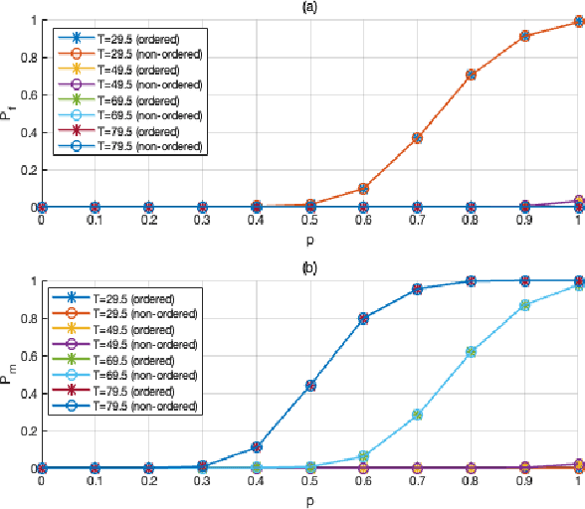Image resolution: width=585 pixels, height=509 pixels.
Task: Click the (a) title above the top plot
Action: (x=309, y=7)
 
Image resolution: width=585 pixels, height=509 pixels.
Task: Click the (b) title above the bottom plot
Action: (x=309, y=268)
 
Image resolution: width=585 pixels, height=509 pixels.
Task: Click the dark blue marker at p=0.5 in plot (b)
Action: (x=309, y=385)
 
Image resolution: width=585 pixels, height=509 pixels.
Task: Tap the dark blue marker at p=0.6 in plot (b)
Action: (x=363, y=318)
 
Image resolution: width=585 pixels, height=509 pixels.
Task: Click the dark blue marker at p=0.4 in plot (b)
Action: (x=256, y=447)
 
